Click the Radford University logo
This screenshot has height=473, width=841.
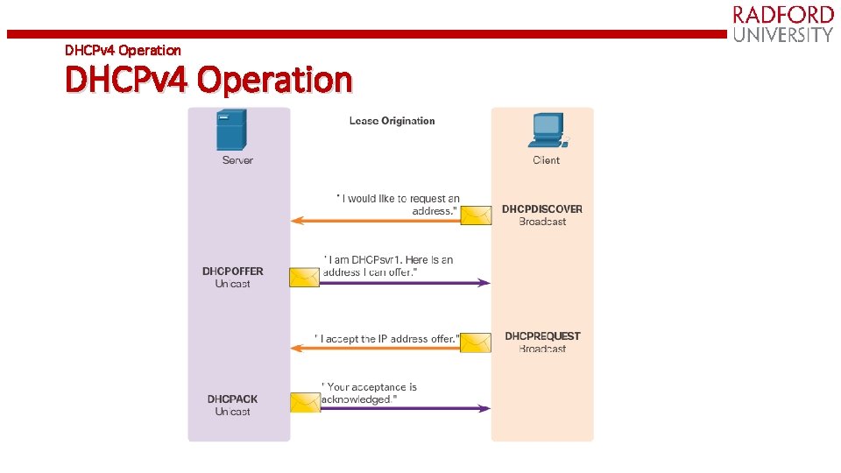click(782, 24)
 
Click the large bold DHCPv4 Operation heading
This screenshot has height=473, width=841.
click(208, 80)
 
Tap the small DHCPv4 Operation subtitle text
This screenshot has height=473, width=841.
click(123, 50)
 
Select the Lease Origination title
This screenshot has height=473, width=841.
click(392, 121)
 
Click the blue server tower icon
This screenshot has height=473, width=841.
click(231, 131)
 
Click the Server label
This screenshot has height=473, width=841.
click(237, 160)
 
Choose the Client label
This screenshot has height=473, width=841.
click(546, 160)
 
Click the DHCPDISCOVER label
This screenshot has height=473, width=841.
click(541, 209)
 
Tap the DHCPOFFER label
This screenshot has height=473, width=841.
click(233, 272)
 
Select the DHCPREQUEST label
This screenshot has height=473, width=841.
click(542, 336)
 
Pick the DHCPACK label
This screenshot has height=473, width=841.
click(233, 399)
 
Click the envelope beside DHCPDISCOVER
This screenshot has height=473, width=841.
click(477, 215)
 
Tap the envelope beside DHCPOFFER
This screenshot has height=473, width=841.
click(305, 278)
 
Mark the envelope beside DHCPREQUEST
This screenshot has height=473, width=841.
click(476, 342)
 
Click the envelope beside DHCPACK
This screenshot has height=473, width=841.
click(305, 402)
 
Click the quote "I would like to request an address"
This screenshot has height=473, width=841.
click(399, 205)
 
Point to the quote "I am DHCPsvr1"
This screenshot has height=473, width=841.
click(389, 266)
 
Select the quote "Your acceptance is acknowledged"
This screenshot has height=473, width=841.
click(369, 393)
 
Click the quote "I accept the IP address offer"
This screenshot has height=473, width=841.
click(386, 338)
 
